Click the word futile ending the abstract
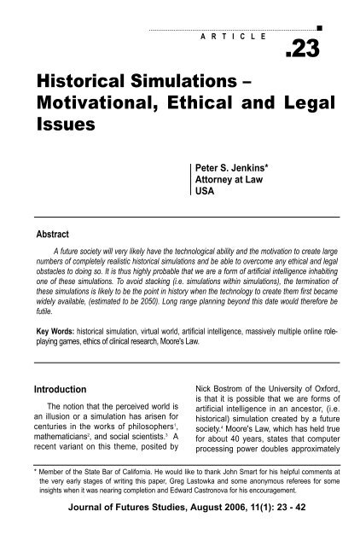pyautogui.click(x=42, y=313)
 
